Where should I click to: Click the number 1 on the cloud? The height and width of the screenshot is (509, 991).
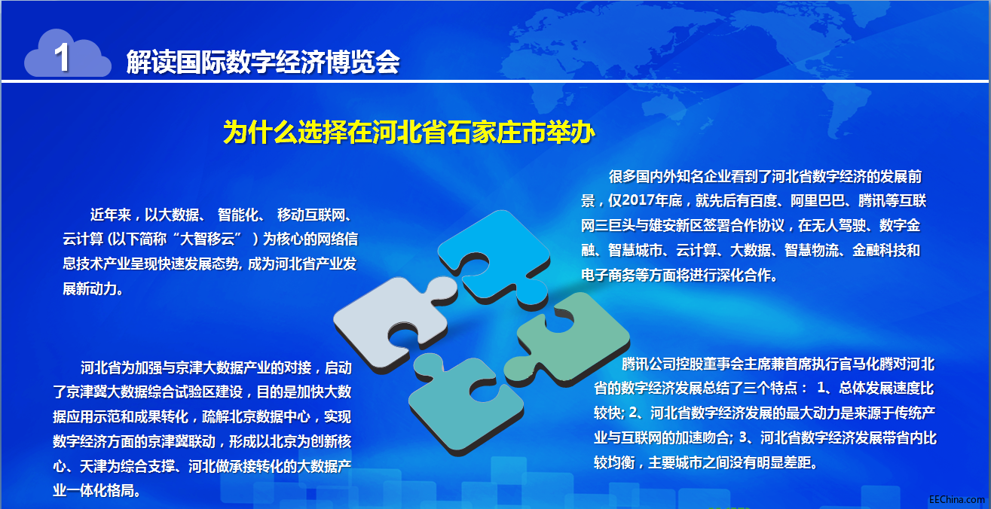(x=62, y=57)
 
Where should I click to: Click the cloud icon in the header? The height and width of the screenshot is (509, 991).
(x=67, y=53)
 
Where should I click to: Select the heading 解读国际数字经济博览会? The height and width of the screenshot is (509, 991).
(x=263, y=62)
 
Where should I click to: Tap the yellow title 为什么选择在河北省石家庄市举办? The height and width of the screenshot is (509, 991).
(x=408, y=132)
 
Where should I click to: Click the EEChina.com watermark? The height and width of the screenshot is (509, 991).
(x=956, y=500)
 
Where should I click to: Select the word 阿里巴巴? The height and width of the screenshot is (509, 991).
(x=818, y=200)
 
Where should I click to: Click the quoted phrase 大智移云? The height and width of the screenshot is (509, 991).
(x=207, y=239)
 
